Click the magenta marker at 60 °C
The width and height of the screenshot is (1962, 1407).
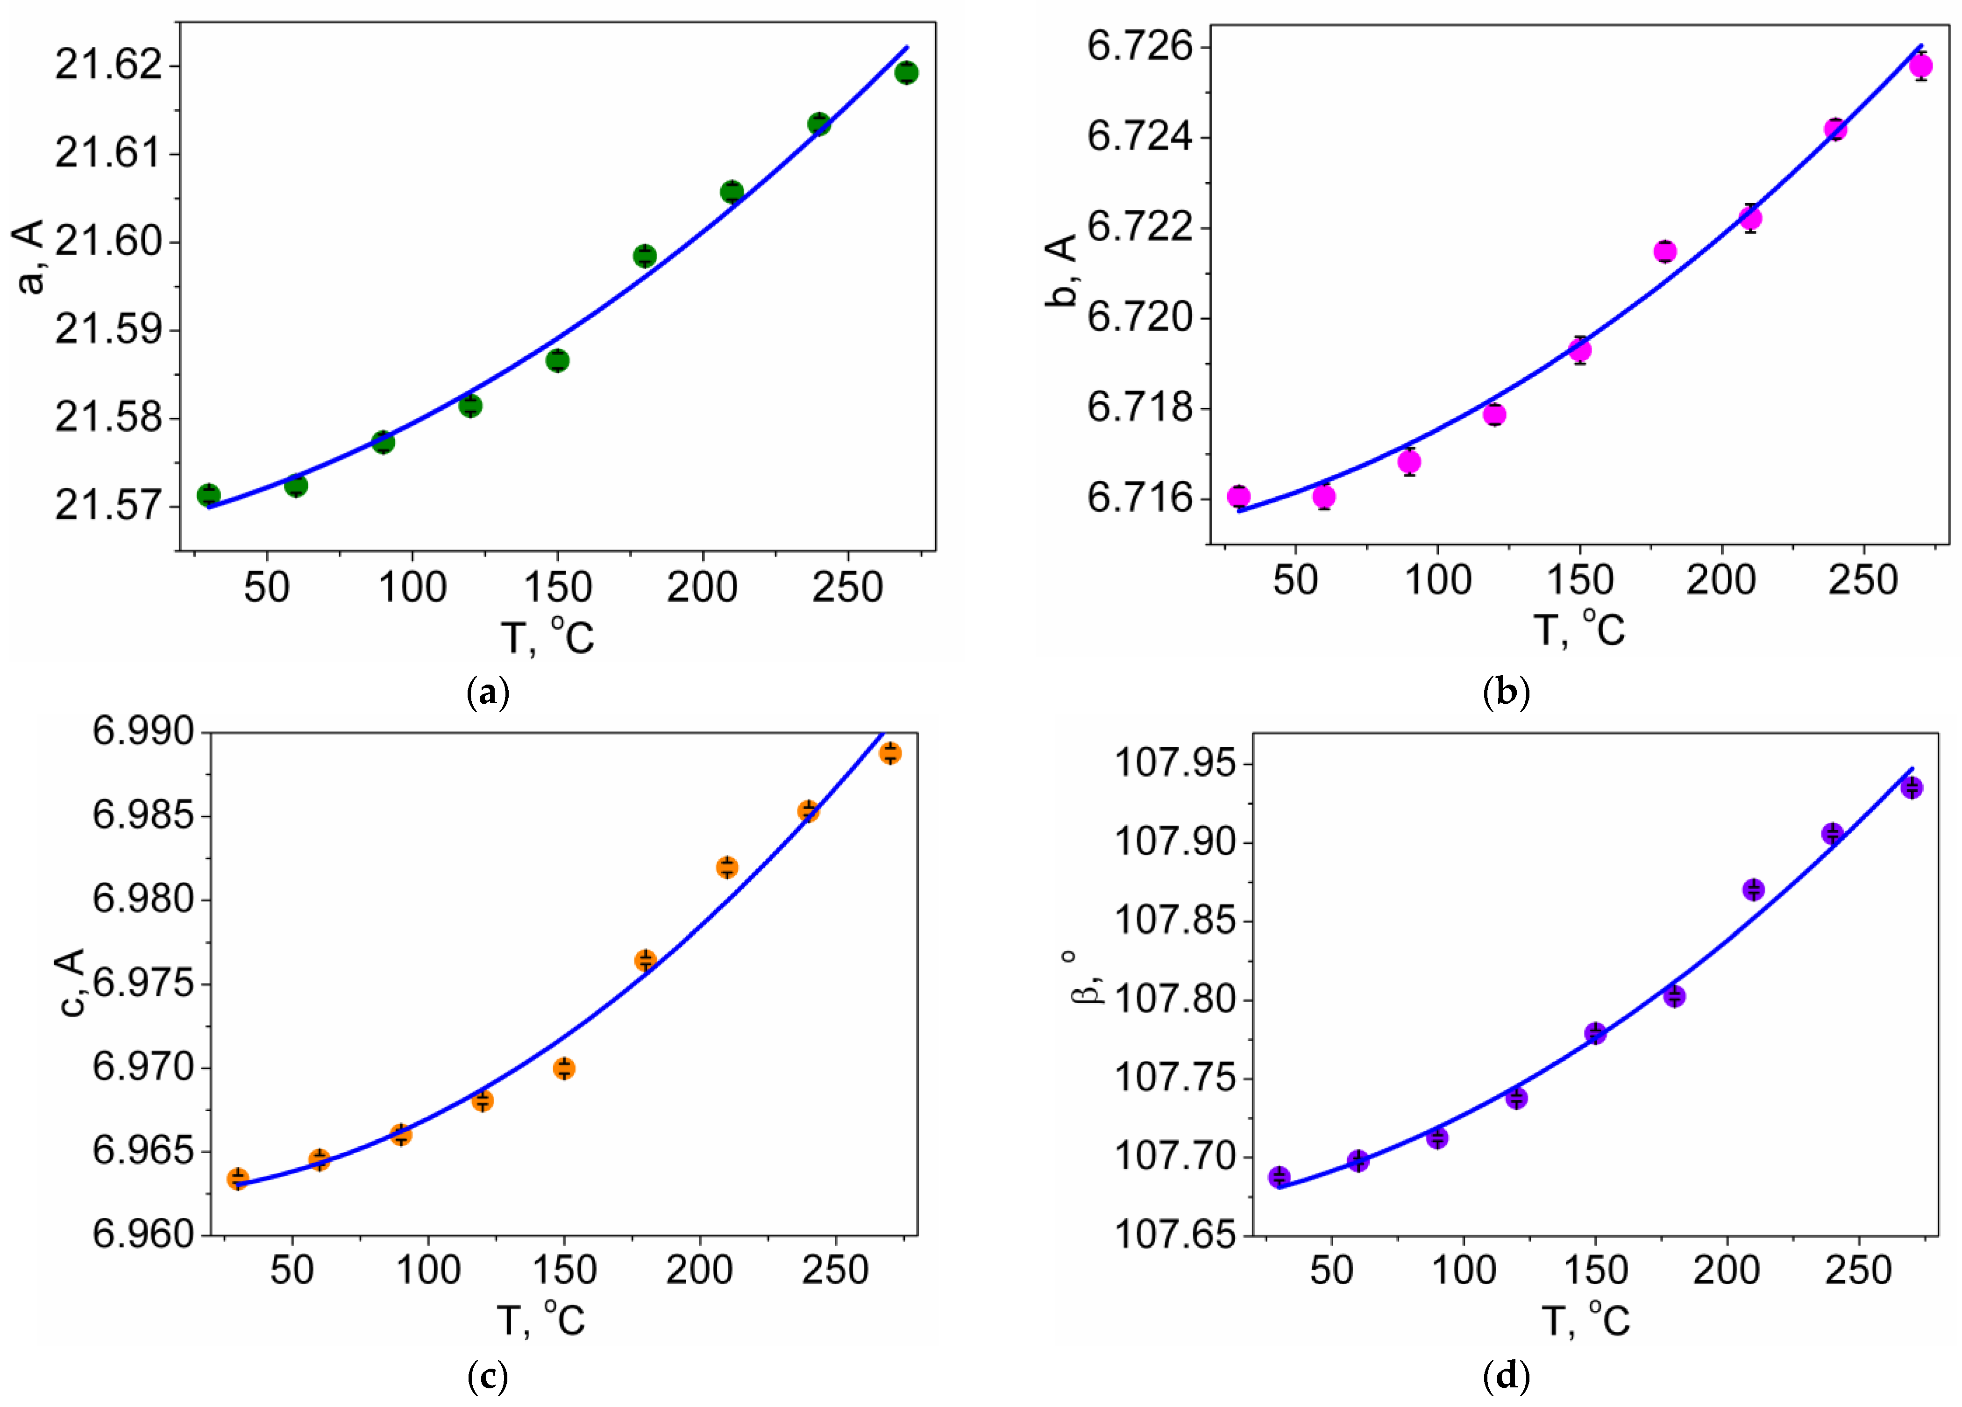(1323, 496)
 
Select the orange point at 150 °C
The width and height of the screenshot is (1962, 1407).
(564, 1069)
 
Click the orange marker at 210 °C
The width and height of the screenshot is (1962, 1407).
(727, 867)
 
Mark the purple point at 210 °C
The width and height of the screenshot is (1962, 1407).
(1754, 890)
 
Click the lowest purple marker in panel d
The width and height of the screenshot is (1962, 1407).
(1280, 1177)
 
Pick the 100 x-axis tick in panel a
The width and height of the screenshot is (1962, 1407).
(412, 587)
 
